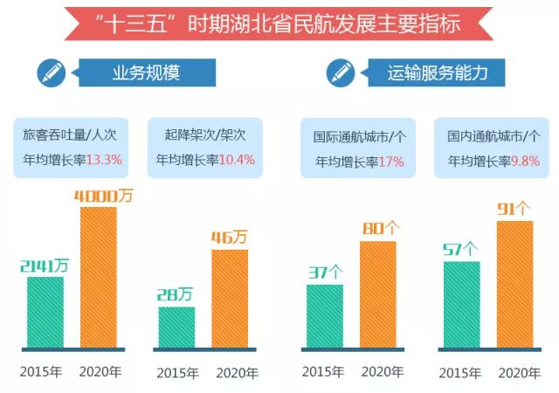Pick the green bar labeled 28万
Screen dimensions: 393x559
coord(176,327)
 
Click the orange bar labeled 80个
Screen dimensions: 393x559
coord(377,293)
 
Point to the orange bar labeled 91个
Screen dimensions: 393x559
coord(514,284)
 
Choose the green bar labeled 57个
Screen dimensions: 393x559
coord(461,304)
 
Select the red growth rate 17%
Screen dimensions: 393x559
coord(390,161)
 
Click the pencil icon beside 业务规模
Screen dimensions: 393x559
coord(51,72)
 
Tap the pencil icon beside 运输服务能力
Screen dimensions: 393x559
coord(341,72)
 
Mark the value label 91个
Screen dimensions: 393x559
coord(514,210)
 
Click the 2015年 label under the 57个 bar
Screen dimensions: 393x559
coord(460,373)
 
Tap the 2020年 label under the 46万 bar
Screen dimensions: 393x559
coord(232,373)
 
